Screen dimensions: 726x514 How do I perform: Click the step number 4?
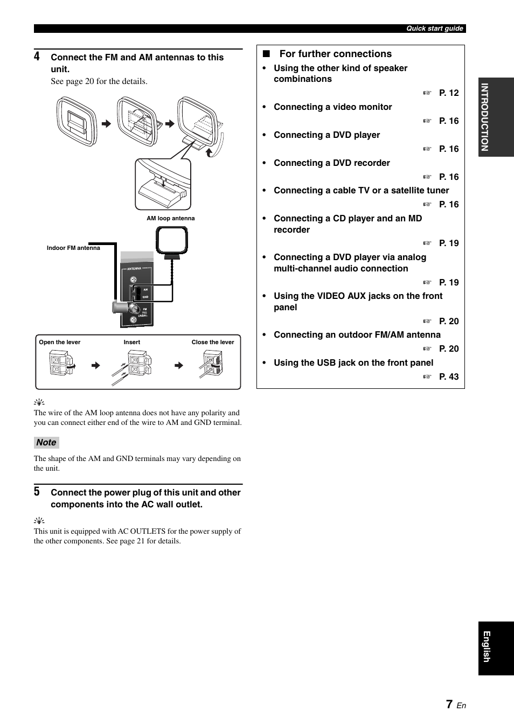(x=37, y=57)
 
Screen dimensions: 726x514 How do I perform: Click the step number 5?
(x=37, y=492)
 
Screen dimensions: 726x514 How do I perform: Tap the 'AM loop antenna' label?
(x=171, y=219)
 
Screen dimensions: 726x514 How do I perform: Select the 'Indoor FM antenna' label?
(x=73, y=248)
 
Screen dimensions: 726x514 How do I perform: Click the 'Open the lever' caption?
(x=60, y=343)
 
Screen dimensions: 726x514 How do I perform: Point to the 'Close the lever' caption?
(x=213, y=343)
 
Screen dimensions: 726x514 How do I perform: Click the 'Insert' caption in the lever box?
(x=132, y=343)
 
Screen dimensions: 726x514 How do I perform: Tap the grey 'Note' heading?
(x=46, y=443)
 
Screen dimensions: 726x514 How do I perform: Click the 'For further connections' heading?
(x=335, y=54)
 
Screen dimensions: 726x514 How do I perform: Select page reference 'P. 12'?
(x=448, y=93)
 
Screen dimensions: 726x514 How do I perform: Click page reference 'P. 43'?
(x=448, y=377)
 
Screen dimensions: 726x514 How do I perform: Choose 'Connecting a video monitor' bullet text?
(x=332, y=107)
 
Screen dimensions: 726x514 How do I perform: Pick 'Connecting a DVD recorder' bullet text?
(x=331, y=163)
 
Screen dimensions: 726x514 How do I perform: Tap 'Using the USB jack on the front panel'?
(x=353, y=363)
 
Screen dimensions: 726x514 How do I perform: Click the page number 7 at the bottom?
(x=449, y=704)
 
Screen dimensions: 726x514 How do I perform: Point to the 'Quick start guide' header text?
(x=434, y=29)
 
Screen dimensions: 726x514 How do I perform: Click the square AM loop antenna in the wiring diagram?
(x=172, y=240)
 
